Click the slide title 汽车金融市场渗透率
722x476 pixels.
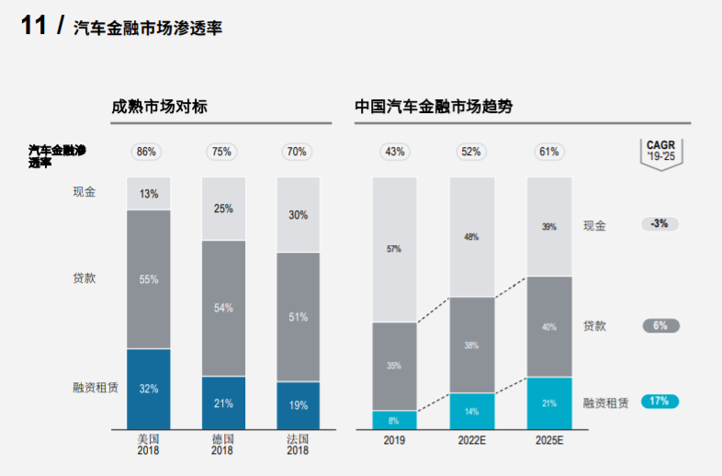click(x=148, y=28)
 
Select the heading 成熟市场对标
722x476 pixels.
click(x=153, y=107)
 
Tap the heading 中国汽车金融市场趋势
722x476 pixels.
click(x=434, y=107)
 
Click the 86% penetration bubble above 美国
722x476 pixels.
click(x=148, y=152)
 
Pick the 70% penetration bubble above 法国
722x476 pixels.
click(x=297, y=152)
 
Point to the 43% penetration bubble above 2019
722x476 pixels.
click(x=395, y=152)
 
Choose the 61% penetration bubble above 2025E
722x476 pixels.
click(x=548, y=152)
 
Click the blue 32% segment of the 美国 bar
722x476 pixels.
click(x=149, y=389)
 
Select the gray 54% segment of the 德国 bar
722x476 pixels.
click(x=223, y=308)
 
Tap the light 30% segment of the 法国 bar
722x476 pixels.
click(x=298, y=215)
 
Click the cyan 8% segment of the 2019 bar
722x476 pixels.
click(x=394, y=420)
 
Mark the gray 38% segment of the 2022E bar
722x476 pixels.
click(x=471, y=346)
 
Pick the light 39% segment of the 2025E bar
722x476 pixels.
click(x=548, y=227)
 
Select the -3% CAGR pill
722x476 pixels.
click(x=660, y=223)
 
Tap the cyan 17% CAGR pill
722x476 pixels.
click(x=660, y=401)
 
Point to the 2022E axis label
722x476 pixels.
click(x=471, y=440)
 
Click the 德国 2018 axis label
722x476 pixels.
click(x=222, y=445)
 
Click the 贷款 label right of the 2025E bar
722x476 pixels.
click(x=594, y=326)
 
